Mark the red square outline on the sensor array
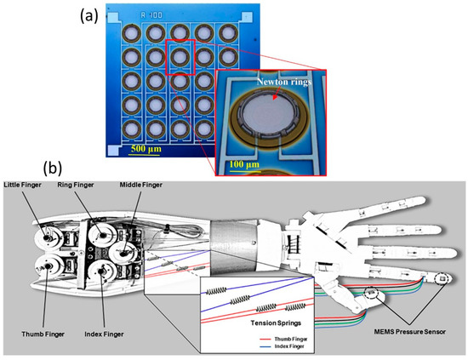181,58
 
